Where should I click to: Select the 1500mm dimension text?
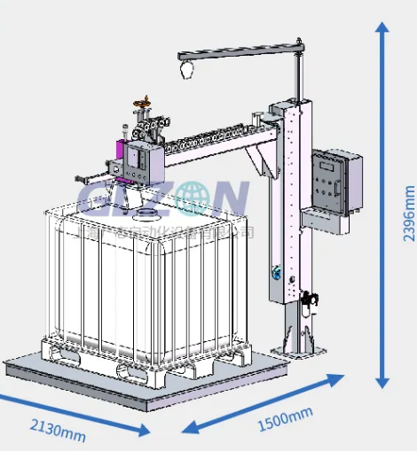pyautogui.click(x=285, y=418)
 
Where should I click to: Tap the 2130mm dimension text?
pyautogui.click(x=59, y=432)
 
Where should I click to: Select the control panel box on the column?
pyautogui.click(x=336, y=181)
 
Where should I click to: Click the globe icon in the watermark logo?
pyautogui.click(x=189, y=199)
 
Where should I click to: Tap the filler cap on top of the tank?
pyautogui.click(x=144, y=214)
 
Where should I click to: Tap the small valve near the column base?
pyautogui.click(x=307, y=300)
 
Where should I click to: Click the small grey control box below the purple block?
pyautogui.click(x=113, y=167)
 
